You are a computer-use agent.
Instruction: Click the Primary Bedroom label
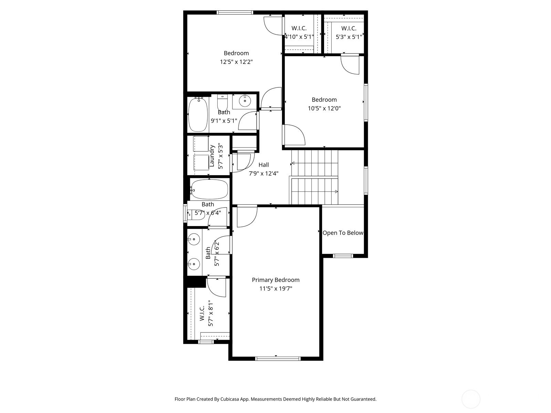[275, 280]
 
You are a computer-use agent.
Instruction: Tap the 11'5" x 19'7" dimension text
[275, 289]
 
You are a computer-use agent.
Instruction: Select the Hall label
[263, 165]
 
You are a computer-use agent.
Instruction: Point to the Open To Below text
[343, 233]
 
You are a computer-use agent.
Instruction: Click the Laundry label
[212, 156]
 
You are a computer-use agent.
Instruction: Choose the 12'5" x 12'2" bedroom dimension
[236, 62]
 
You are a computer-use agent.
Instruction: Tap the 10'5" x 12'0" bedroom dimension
[324, 108]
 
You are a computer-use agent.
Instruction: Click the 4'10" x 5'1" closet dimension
[299, 37]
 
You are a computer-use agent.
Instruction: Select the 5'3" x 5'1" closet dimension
[349, 37]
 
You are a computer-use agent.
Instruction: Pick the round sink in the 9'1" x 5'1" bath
[245, 101]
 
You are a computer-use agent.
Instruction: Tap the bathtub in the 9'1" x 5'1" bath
[198, 115]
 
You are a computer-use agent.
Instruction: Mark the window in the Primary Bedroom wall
[278, 358]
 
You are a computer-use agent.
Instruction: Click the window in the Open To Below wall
[343, 256]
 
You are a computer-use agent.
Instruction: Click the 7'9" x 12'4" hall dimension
[263, 173]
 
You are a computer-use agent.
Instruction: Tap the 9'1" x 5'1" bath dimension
[224, 121]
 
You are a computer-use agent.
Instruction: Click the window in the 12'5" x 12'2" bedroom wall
[235, 12]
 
